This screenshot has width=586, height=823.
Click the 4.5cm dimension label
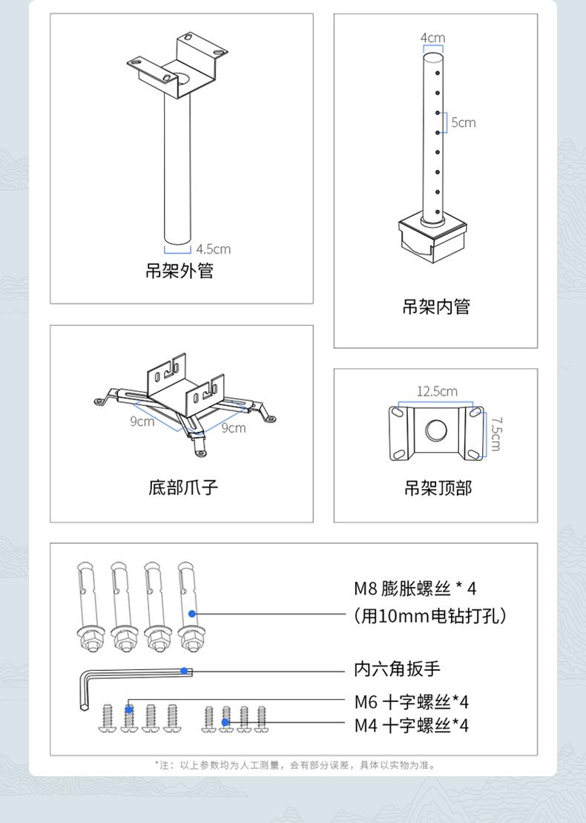pyautogui.click(x=214, y=249)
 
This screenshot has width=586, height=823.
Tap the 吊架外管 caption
pyautogui.click(x=180, y=271)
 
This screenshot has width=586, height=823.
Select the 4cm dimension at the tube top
pyautogui.click(x=432, y=38)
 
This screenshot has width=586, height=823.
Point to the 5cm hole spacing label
pyautogui.click(x=464, y=122)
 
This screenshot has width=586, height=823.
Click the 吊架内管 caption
pyautogui.click(x=436, y=306)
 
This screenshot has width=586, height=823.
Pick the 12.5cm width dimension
pyautogui.click(x=437, y=391)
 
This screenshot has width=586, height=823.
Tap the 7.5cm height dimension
pyautogui.click(x=496, y=434)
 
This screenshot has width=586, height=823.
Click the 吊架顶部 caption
pyautogui.click(x=438, y=488)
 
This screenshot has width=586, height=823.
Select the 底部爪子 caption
pyautogui.click(x=182, y=488)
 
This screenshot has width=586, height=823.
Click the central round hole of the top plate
pyautogui.click(x=436, y=430)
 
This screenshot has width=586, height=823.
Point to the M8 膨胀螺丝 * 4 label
pyautogui.click(x=415, y=588)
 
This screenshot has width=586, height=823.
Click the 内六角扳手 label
pyautogui.click(x=397, y=669)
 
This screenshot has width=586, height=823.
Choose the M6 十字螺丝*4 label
pyautogui.click(x=411, y=702)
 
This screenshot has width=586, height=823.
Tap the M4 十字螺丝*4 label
pyautogui.click(x=411, y=726)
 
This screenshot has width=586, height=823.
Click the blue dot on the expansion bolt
pyautogui.click(x=192, y=614)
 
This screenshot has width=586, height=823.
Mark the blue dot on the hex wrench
pyautogui.click(x=184, y=671)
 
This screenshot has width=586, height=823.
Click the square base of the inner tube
pyautogui.click(x=432, y=240)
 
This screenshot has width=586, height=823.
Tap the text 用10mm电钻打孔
pyautogui.click(x=430, y=616)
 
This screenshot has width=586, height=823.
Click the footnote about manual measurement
pyautogui.click(x=295, y=765)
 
